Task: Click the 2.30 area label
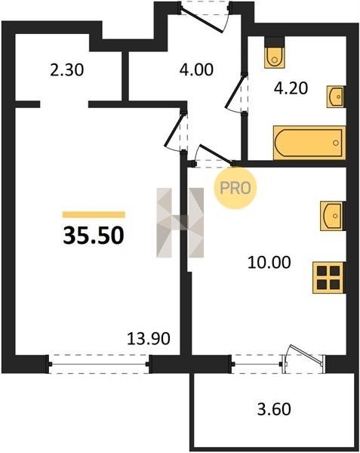point(66,70)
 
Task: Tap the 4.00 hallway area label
point(196,70)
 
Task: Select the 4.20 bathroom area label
point(291,88)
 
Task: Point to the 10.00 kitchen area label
point(269,263)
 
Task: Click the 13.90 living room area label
point(149,339)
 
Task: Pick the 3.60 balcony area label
point(274,409)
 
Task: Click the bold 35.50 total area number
point(94,235)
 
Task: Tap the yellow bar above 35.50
point(94,214)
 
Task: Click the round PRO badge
point(235,188)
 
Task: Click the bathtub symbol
point(309,143)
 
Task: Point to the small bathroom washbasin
point(336,97)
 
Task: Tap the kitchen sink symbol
point(332,216)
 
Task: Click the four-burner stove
point(328,278)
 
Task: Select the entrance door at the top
point(203,20)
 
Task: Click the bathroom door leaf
point(235,91)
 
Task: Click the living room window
point(98,364)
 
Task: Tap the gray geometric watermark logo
point(180,223)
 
